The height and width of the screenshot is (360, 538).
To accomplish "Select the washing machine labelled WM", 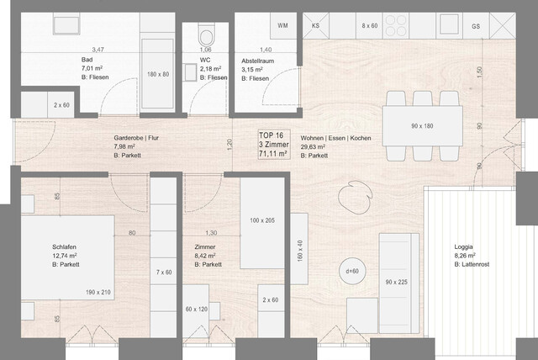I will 282,26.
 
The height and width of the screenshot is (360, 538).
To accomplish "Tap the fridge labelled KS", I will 316,26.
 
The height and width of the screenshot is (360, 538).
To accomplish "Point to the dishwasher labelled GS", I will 476,26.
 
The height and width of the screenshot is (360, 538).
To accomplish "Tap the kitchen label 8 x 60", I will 370,26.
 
